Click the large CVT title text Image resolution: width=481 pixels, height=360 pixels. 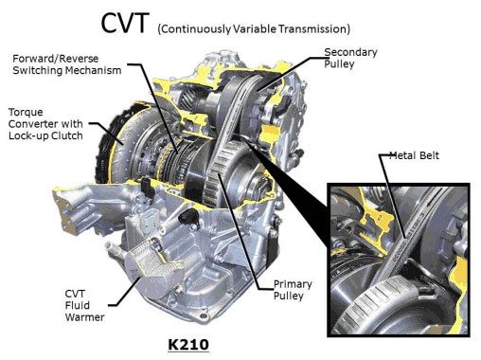point(124,23)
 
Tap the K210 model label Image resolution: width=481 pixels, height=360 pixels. point(188,345)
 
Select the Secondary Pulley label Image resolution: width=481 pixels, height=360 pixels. point(350,58)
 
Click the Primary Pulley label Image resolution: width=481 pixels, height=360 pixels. point(293,290)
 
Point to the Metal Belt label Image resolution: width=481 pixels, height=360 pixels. point(414,155)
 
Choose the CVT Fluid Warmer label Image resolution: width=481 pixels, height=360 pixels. point(84,305)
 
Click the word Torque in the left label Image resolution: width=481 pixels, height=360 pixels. point(26,112)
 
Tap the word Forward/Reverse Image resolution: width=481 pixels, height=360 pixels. point(56,59)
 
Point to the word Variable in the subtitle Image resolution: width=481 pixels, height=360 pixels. point(255,29)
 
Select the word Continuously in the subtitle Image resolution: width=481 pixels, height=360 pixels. point(195,29)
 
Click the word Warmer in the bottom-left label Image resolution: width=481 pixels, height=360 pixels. point(84,317)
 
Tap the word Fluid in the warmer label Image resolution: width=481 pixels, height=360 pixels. point(78,305)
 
